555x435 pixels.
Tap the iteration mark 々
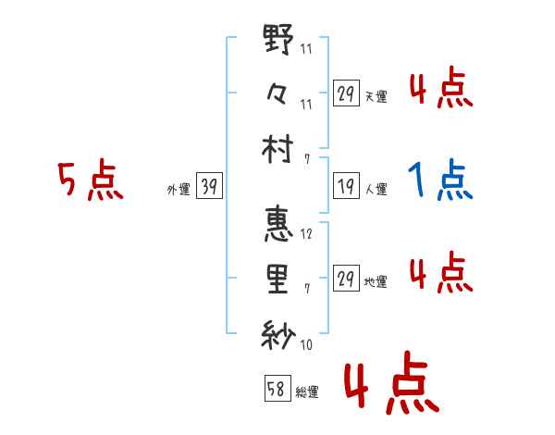277,93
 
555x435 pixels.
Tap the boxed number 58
277,389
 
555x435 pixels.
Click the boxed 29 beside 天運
345,93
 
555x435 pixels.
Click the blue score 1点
441,180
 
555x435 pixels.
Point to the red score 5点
90,180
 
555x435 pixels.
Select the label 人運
376,190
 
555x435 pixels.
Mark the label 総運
307,391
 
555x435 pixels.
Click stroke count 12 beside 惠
306,235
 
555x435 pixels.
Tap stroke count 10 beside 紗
306,345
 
